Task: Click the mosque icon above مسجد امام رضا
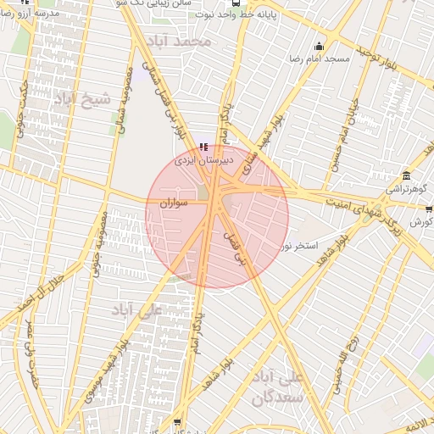click(x=319, y=47)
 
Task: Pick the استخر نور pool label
click(x=298, y=246)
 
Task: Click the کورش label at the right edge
click(x=421, y=222)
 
